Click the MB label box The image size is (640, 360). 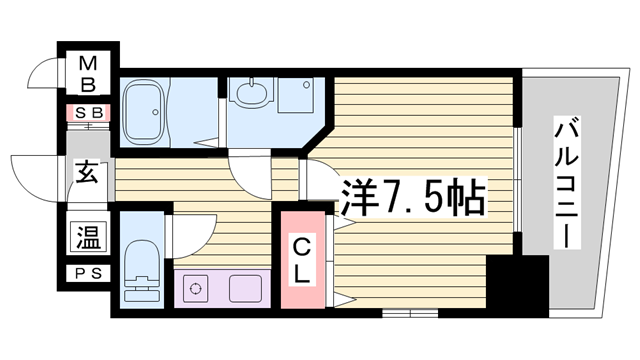pos(88,72)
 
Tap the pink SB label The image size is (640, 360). pos(88,113)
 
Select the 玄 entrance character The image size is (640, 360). pos(87,173)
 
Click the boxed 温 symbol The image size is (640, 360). pos(88,238)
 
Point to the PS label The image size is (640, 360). pos(88,273)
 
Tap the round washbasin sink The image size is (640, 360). pos(249,95)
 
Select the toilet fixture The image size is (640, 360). pos(139,269)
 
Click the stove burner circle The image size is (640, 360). pos(196,289)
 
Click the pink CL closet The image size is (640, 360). pos(303,258)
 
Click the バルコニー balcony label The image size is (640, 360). pos(566,186)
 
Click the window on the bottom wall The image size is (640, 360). pos(409,313)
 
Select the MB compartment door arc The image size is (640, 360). pos(44,75)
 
